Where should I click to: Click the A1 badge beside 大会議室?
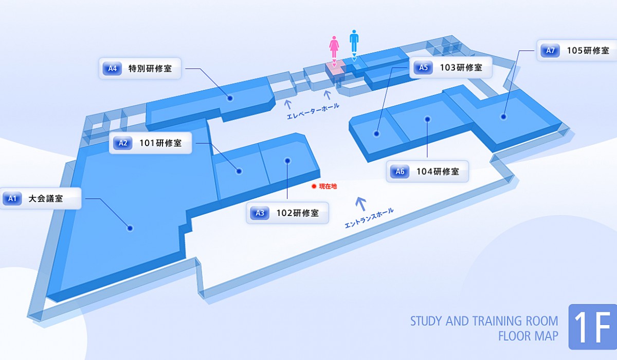[12, 199]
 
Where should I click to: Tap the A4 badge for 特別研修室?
[112, 68]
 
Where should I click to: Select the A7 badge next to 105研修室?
[550, 50]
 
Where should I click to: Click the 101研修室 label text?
[160, 143]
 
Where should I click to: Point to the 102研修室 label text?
[298, 213]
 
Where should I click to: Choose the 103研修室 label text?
[461, 67]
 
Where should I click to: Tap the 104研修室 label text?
[438, 172]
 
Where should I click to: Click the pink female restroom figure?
[334, 47]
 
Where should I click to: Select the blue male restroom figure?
[354, 41]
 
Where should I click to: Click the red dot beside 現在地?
[314, 187]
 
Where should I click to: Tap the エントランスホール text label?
[369, 218]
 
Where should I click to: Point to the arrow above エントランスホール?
[360, 204]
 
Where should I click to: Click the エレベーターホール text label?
[313, 111]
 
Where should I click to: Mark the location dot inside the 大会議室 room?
[130, 228]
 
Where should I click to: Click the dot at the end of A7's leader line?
[503, 117]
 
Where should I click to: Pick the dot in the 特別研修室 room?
[230, 98]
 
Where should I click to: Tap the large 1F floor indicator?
[592, 327]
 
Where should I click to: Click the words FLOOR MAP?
[529, 336]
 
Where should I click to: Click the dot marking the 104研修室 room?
[427, 119]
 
